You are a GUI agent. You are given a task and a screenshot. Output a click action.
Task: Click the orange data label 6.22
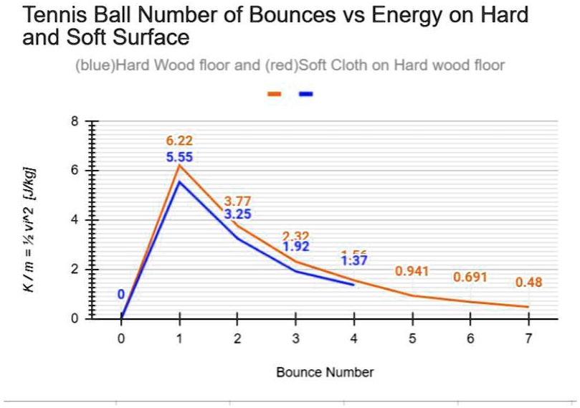click(x=179, y=141)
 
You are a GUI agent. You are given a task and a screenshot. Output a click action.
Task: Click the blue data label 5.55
click(x=179, y=157)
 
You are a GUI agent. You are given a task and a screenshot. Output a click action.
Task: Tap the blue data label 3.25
click(x=237, y=214)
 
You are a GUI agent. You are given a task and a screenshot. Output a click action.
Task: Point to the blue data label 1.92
click(x=295, y=247)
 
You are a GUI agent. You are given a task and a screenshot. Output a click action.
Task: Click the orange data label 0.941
click(x=412, y=271)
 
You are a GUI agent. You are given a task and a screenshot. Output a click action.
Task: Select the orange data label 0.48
click(x=528, y=282)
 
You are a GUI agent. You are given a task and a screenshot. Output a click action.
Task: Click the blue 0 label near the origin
click(x=121, y=294)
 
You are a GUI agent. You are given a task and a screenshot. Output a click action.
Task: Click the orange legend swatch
click(x=274, y=93)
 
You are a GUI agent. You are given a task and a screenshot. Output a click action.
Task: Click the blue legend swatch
click(x=305, y=93)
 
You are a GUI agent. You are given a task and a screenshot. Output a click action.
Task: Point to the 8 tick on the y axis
click(x=83, y=121)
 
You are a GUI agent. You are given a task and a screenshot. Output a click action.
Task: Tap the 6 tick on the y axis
click(x=83, y=171)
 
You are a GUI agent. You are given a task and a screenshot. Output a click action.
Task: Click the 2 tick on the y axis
click(x=83, y=270)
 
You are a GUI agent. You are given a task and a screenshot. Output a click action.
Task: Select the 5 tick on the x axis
click(x=412, y=339)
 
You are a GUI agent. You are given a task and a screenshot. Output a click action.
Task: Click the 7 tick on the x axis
click(x=528, y=339)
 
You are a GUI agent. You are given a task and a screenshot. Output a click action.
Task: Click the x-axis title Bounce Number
click(x=325, y=372)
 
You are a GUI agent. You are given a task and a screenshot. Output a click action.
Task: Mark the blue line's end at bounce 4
click(x=353, y=285)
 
